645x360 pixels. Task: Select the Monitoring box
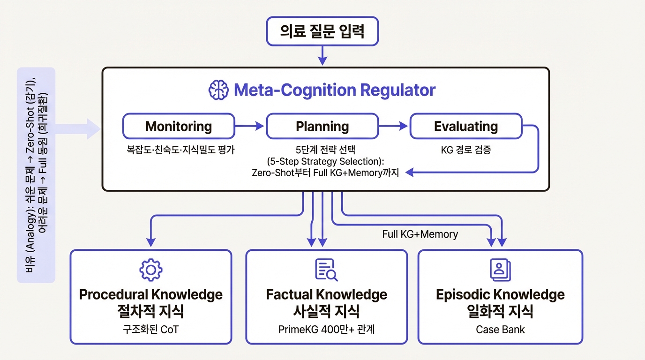(x=179, y=126)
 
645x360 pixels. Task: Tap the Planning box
(x=322, y=126)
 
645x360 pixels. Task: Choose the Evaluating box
(x=465, y=126)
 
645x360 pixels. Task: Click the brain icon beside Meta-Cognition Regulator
(x=218, y=90)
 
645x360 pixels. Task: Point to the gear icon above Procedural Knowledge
(x=151, y=270)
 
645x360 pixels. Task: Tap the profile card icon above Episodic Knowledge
(x=500, y=270)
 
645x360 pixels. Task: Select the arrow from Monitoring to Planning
(x=250, y=126)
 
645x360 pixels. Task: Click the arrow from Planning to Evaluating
(x=393, y=126)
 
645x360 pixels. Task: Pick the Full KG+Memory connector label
(x=420, y=234)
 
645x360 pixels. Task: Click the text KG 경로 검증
(x=465, y=150)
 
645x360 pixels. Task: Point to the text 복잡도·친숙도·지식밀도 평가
(x=179, y=150)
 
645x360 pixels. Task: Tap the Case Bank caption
(x=500, y=330)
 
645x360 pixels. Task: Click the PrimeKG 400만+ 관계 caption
(x=326, y=330)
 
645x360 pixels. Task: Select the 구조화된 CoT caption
(x=150, y=330)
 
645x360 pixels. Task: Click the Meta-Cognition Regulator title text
(x=334, y=90)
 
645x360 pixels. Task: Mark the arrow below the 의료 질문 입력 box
(x=322, y=56)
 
